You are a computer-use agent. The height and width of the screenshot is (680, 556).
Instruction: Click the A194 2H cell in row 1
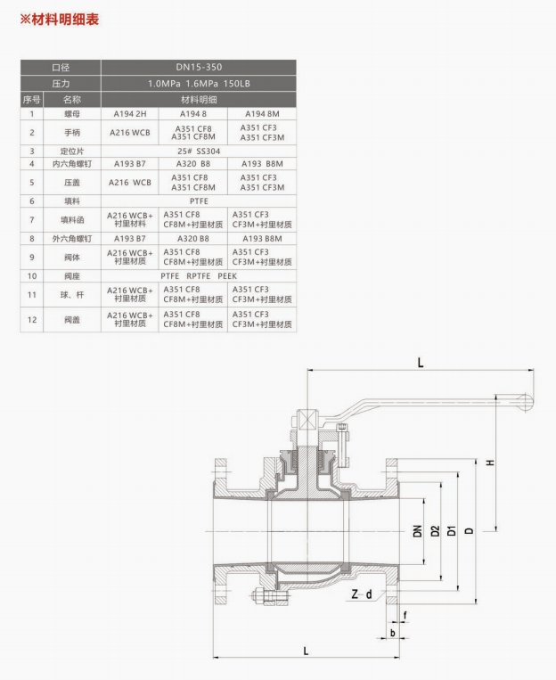click(x=130, y=114)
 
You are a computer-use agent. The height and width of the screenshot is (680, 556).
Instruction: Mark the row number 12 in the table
click(x=31, y=319)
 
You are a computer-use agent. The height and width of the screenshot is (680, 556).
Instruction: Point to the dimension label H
click(x=490, y=463)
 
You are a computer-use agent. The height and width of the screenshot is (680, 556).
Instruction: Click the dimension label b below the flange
click(x=392, y=634)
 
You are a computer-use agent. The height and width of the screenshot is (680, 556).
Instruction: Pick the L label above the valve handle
click(x=420, y=362)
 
